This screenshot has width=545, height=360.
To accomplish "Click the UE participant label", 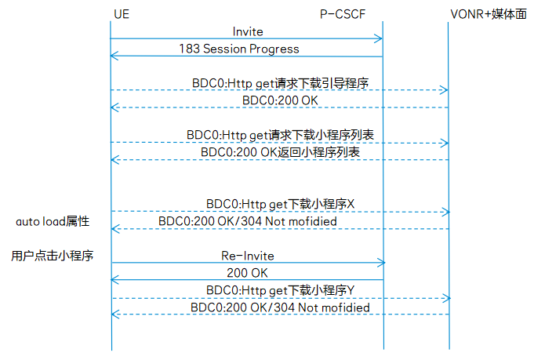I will (121, 14).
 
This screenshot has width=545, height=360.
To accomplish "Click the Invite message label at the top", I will (248, 31).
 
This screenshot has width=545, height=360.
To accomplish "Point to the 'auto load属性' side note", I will (53, 222).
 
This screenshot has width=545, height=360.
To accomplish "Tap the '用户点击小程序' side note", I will (53, 256).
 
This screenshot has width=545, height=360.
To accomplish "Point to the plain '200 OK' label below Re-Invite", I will (246, 273).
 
